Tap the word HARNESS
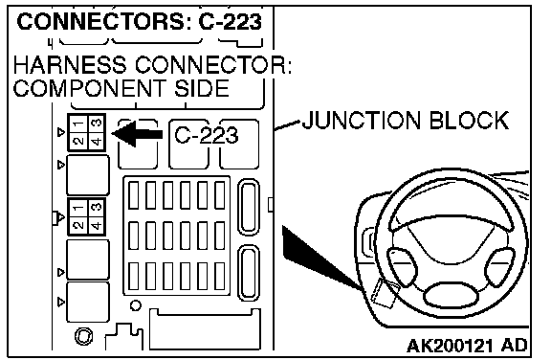[x=69, y=65]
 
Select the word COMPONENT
[x=89, y=88]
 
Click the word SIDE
[x=202, y=88]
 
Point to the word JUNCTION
[x=362, y=121]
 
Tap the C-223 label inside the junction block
[x=207, y=135]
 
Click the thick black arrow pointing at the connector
[x=137, y=134]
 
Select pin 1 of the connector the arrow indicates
[x=78, y=124]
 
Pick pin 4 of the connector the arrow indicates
[x=97, y=142]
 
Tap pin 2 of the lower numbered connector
[x=78, y=225]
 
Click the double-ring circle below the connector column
[x=84, y=336]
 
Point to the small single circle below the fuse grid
[x=136, y=305]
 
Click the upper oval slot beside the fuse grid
[x=249, y=207]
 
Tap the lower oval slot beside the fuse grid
[x=249, y=273]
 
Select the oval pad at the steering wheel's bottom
[x=452, y=295]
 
